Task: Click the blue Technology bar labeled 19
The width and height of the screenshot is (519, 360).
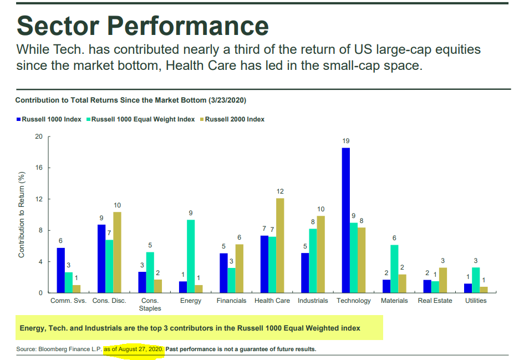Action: point(345,220)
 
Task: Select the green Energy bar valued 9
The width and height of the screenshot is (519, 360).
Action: point(191,256)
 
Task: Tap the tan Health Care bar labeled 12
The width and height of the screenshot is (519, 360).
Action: point(280,245)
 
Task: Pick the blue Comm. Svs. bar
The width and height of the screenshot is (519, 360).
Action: point(60,270)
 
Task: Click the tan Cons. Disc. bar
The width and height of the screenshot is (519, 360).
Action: point(117,252)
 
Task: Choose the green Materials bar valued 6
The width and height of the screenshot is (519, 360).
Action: point(394,269)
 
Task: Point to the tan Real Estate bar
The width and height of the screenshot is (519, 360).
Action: point(443,280)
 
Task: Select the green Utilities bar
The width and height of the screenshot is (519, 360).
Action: point(476,280)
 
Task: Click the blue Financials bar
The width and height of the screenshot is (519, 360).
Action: point(223,273)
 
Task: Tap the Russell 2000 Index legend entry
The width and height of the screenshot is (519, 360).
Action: point(232,119)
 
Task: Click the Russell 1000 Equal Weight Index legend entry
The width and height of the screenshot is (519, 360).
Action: point(141,119)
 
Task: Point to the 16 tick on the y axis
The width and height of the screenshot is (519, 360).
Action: point(39,168)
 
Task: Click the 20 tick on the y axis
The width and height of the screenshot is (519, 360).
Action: point(39,136)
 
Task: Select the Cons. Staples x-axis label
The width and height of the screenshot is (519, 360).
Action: point(150,305)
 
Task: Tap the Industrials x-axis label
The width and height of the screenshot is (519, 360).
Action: point(313,301)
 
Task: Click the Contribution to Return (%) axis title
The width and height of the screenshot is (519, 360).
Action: point(22,215)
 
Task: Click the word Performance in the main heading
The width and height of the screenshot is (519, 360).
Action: point(187,26)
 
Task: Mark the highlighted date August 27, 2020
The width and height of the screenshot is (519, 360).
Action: point(140,349)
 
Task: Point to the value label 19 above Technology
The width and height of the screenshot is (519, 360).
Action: point(346,141)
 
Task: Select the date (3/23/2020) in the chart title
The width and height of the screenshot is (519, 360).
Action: point(227,100)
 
